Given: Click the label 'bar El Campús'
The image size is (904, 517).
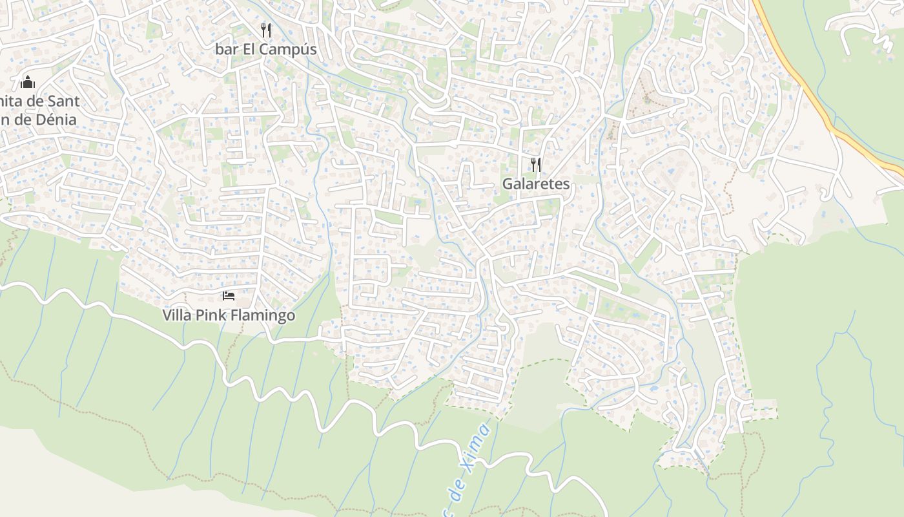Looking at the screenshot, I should click(x=265, y=49).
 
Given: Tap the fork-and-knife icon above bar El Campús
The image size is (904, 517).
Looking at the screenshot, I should click(x=265, y=30).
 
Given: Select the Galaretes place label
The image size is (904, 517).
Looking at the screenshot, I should click(x=536, y=184).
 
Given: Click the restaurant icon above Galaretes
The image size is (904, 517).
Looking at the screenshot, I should click(x=536, y=164).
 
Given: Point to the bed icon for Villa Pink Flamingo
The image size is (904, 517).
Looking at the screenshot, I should click(x=229, y=296).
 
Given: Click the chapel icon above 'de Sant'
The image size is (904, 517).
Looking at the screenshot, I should click(x=28, y=82).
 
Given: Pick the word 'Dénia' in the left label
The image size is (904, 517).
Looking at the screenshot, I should click(x=55, y=120).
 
